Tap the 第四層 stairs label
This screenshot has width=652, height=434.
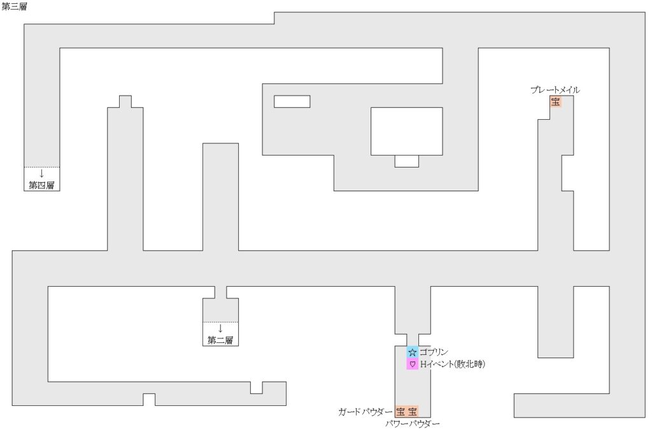pos(42,185)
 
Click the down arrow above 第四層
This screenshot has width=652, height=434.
pos(42,173)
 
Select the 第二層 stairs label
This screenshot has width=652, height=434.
pos(220,340)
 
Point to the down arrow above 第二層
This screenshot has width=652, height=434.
pos(220,328)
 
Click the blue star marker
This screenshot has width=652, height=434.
pos(413,352)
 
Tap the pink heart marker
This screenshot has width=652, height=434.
pos(413,364)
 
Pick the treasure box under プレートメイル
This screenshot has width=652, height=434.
pos(556,102)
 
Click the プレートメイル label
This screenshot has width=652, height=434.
pos(555,90)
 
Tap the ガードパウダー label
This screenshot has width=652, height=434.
pos(365,412)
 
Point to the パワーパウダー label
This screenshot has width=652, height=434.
pos(413,424)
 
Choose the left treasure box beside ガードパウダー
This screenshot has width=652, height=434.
pos(400,412)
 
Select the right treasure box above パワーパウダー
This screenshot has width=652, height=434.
pos(413,412)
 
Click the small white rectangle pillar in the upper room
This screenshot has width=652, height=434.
pos(292,101)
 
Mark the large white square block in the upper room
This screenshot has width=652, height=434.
pos(407,131)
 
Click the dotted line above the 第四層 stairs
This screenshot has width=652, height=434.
pos(42,167)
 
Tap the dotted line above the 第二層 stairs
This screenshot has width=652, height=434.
pos(220,322)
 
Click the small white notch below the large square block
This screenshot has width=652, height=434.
pos(407,161)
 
